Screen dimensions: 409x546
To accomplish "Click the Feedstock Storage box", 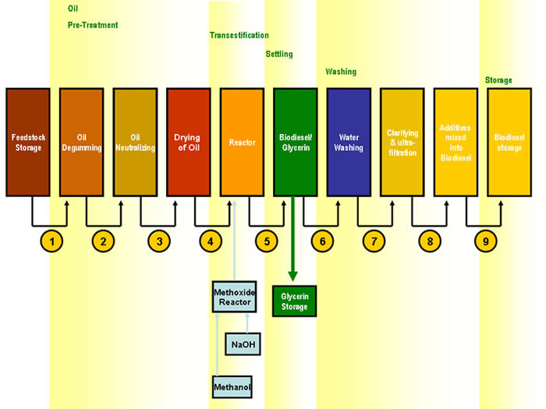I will tap(28, 142).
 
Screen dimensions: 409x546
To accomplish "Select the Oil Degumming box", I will tap(81, 142).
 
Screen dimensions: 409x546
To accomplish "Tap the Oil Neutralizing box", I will tap(135, 142).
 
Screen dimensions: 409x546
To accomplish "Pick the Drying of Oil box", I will tap(188, 142).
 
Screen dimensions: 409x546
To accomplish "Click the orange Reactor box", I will tap(242, 142).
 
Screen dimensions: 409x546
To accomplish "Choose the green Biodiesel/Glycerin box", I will tap(295, 142).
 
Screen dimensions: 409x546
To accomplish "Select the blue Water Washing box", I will tap(349, 142).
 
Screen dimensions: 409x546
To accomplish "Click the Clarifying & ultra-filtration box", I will tap(402, 142).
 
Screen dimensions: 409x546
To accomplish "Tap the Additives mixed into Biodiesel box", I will tap(456, 142).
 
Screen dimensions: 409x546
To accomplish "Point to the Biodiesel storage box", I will tap(509, 142).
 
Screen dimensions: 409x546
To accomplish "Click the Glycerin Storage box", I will tap(295, 301).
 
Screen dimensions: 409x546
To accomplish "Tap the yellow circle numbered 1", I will tap(52, 242).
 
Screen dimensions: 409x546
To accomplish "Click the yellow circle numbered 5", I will tap(267, 242).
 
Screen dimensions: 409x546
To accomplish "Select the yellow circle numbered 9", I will tap(485, 242).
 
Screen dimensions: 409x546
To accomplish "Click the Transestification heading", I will tap(239, 35).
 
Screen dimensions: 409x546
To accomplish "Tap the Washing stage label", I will tap(340, 72).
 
